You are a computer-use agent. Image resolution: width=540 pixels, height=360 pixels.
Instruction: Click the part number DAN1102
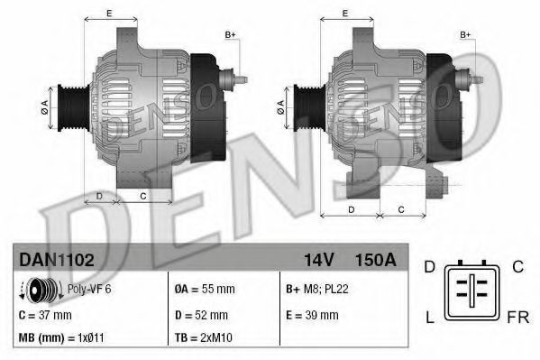[x=57, y=260]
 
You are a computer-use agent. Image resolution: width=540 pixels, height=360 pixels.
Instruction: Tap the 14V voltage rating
[x=319, y=260]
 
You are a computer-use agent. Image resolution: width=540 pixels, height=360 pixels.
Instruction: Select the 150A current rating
[x=375, y=260]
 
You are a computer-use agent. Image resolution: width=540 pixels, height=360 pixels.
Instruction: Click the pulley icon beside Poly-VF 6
[x=41, y=291]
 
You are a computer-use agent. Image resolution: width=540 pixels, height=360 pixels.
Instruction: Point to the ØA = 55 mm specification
[x=205, y=289]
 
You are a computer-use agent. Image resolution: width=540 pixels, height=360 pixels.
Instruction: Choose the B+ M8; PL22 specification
[x=317, y=289]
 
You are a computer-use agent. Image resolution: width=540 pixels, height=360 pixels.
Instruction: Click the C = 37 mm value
[x=45, y=315]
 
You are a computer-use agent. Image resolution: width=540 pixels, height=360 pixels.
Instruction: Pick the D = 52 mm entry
[x=201, y=315]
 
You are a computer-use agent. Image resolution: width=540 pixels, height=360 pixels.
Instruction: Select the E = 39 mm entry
[x=312, y=315]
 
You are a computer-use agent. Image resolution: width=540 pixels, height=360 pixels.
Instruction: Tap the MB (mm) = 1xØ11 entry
[x=61, y=337]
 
